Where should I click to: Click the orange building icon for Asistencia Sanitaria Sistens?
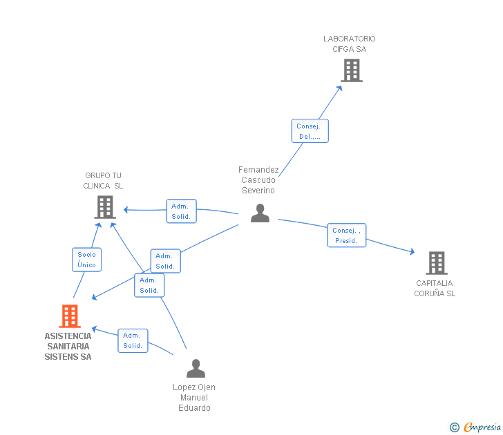(x=70, y=316)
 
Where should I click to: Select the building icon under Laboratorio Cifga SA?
(x=351, y=70)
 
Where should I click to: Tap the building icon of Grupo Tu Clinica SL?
(x=105, y=206)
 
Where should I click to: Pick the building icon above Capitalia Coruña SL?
(x=436, y=262)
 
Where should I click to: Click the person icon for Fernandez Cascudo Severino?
(x=260, y=213)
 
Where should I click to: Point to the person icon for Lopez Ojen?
(x=196, y=369)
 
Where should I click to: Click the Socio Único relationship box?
(x=87, y=260)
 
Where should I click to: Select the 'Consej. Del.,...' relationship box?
(x=310, y=131)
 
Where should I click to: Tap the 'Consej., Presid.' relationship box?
(x=346, y=235)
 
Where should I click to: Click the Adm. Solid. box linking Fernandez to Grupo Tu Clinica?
(x=181, y=211)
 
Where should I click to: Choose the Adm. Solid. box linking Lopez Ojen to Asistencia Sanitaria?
(x=133, y=340)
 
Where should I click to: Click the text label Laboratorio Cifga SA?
(x=350, y=44)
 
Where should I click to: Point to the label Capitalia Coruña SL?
(x=435, y=289)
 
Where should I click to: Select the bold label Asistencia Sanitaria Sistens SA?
(x=68, y=347)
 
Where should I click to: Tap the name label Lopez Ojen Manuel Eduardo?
(x=194, y=398)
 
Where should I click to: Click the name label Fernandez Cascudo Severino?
(x=258, y=180)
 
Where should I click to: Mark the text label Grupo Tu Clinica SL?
(x=103, y=181)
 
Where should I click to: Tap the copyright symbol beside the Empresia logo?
(x=455, y=427)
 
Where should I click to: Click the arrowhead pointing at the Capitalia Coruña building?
(x=412, y=253)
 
